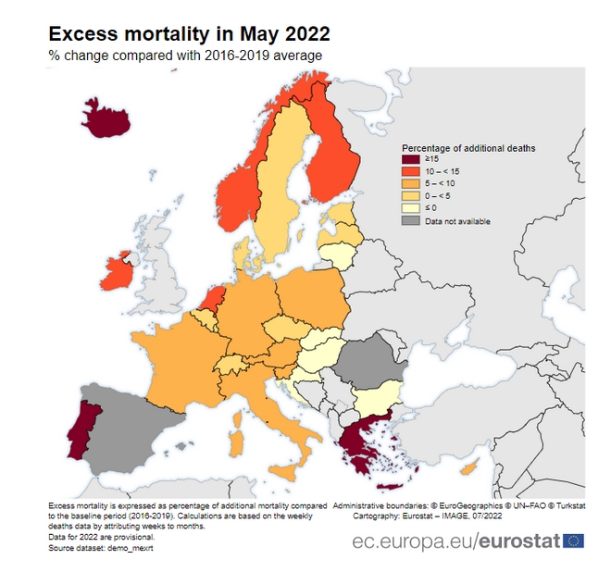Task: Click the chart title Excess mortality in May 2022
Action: point(189,34)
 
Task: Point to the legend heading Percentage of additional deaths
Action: point(468,148)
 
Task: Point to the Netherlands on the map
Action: point(213,298)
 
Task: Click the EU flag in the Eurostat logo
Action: point(573,540)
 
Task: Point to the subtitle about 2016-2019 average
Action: point(185,56)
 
